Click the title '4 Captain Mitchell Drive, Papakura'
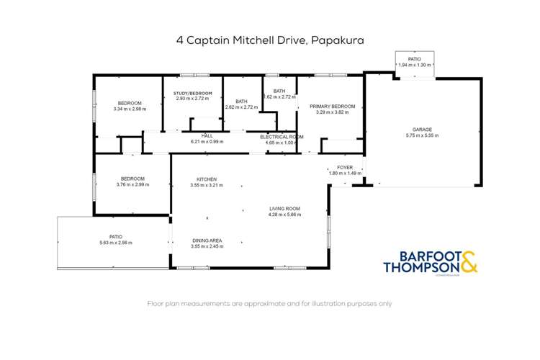pos(270,41)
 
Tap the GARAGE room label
pos(422,130)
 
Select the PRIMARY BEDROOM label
pos(330,107)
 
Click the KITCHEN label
pos(207,179)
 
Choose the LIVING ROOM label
pos(284,209)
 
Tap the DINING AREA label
pos(207,240)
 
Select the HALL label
pos(207,136)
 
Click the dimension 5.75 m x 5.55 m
pos(422,135)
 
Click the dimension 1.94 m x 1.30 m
pos(415,66)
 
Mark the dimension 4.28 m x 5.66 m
pos(284,215)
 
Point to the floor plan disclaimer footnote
pos(270,304)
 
